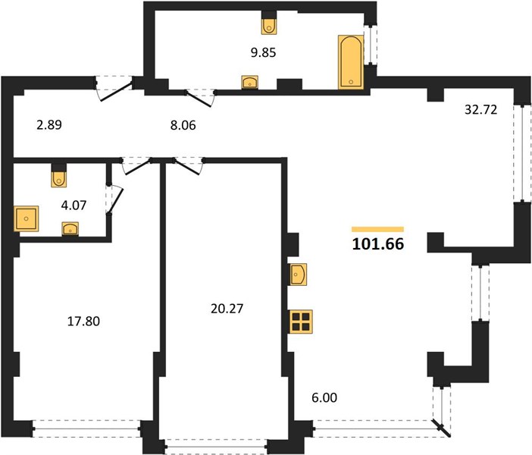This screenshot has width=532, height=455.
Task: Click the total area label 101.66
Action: click(378, 244)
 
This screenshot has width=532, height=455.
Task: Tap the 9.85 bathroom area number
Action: click(263, 52)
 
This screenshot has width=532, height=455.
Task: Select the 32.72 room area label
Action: click(480, 110)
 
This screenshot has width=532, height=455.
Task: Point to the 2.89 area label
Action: click(49, 125)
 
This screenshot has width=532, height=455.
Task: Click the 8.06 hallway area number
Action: click(183, 125)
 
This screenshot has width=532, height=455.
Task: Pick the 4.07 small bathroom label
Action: click(74, 205)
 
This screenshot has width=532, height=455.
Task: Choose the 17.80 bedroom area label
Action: click(83, 322)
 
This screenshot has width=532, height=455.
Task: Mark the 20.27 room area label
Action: click(227, 309)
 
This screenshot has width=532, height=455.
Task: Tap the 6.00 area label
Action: click(324, 397)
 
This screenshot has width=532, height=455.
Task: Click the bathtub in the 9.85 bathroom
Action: click(351, 62)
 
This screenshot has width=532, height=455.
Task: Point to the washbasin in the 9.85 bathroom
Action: click(250, 82)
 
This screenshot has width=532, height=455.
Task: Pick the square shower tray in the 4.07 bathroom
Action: click(26, 218)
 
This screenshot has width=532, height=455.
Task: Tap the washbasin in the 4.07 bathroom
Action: click(70, 228)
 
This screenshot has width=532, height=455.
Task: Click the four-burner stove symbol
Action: click(301, 322)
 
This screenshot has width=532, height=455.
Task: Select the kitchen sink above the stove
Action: click(299, 275)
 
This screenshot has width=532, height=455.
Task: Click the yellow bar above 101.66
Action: click(377, 229)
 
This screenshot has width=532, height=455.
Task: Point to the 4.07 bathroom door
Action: click(114, 199)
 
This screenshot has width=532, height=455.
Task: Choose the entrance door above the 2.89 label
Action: click(114, 89)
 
